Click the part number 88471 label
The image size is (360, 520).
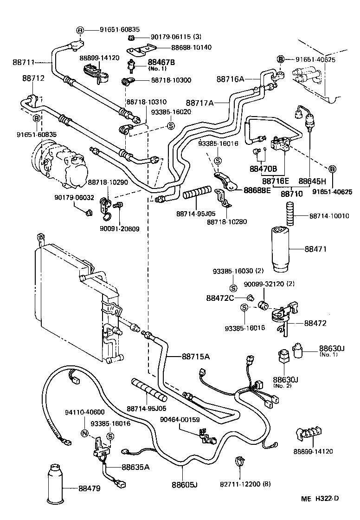click(x=316, y=249)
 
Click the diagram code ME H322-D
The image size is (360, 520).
click(x=321, y=511)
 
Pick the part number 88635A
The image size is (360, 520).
click(x=135, y=467)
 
